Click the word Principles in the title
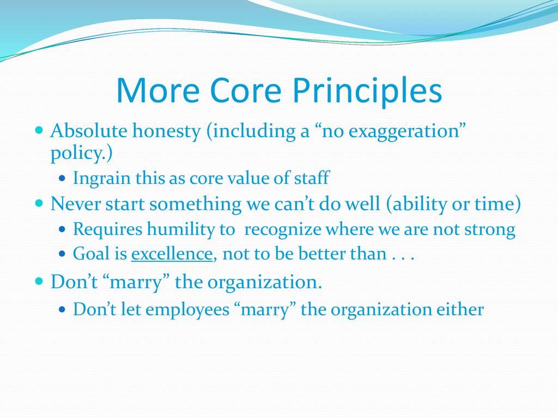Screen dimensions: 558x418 click(367, 91)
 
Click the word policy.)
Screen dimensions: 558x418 click(82, 153)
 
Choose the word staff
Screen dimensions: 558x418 click(312, 177)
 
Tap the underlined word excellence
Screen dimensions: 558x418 click(172, 254)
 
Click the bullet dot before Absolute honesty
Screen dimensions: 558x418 click(39, 130)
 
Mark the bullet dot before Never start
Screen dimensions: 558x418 click(39, 204)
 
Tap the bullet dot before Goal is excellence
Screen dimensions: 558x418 click(62, 254)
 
